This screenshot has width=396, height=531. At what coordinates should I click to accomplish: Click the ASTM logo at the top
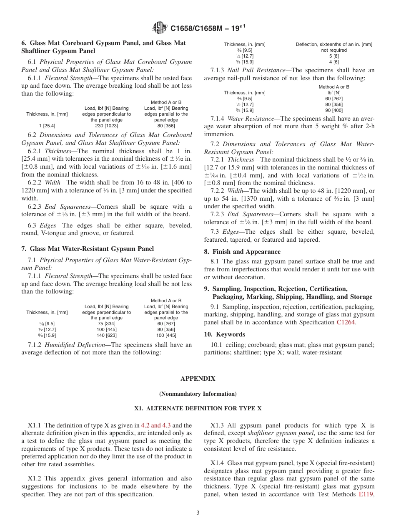point(160,28)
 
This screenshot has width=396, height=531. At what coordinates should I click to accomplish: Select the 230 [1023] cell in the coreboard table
point(106,126)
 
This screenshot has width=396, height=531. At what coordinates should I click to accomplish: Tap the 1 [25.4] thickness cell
point(47,126)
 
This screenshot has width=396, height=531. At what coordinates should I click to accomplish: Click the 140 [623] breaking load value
point(106,335)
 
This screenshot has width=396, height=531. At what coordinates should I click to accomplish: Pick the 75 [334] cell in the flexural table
point(106,324)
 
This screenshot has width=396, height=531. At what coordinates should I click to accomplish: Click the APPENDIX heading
point(198,379)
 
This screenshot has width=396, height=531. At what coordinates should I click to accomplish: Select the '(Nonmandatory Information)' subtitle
point(198,394)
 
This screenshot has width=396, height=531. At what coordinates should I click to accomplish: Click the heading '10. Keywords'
point(224,334)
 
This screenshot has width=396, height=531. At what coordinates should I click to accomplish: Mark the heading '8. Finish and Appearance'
point(242,252)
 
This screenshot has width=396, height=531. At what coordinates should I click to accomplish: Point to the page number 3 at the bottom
point(198,513)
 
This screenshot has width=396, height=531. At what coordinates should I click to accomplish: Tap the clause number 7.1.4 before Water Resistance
point(217,119)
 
